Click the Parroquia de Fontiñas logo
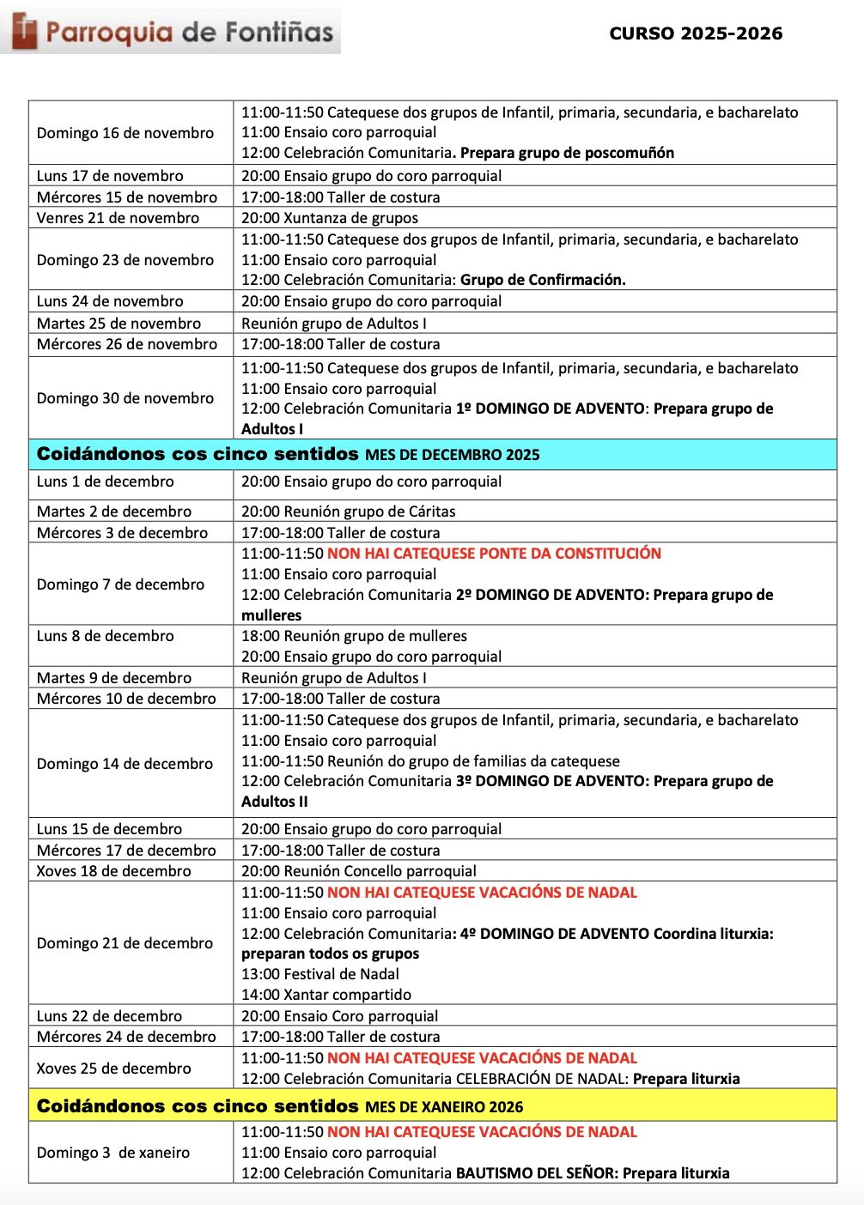[x=172, y=32]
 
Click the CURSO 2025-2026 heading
[x=696, y=33]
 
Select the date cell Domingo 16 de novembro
[x=125, y=133]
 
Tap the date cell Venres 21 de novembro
[x=118, y=218]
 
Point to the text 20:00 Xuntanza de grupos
[x=330, y=218]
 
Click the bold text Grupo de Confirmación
[x=543, y=280]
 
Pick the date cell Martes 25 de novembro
[x=119, y=324]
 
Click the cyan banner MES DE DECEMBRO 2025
[x=432, y=454]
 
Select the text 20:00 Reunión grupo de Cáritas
[x=348, y=512]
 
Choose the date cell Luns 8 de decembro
[x=105, y=636]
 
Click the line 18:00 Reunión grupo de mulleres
[x=354, y=636]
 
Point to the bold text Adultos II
[x=274, y=802]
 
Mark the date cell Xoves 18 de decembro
[x=113, y=871]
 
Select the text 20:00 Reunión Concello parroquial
[x=358, y=871]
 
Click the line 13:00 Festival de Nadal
[x=319, y=974]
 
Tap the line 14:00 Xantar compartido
[x=326, y=995]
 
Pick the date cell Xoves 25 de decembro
[x=113, y=1069]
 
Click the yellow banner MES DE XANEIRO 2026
[x=432, y=1106]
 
